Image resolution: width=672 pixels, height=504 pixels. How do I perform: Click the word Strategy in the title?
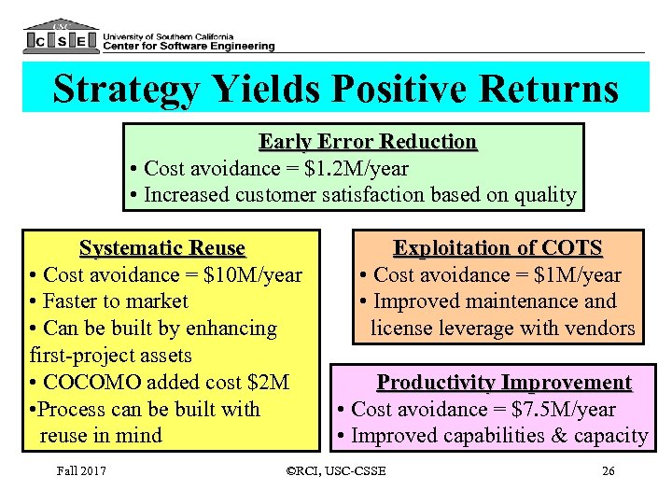126,90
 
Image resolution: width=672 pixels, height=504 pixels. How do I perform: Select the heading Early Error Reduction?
368,142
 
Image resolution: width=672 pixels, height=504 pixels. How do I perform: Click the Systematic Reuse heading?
162,249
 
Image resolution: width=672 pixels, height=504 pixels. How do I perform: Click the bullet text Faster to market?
116,301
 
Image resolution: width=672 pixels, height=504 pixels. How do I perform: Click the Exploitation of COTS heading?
498,248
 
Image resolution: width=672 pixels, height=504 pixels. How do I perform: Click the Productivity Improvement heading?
504,383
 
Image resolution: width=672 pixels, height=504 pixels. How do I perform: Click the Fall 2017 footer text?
80,470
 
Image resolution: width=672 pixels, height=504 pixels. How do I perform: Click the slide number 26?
609,470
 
